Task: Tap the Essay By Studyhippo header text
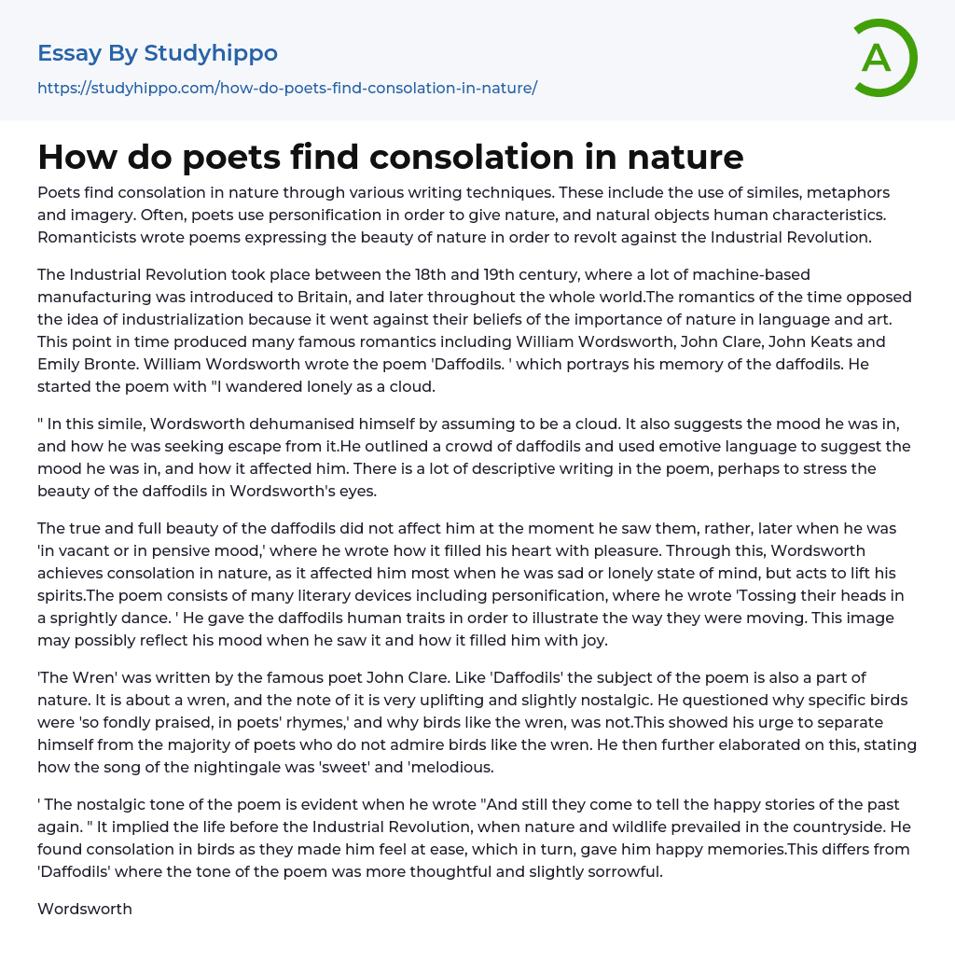pos(158,53)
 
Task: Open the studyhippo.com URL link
pos(287,88)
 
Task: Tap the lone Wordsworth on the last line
pos(85,909)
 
